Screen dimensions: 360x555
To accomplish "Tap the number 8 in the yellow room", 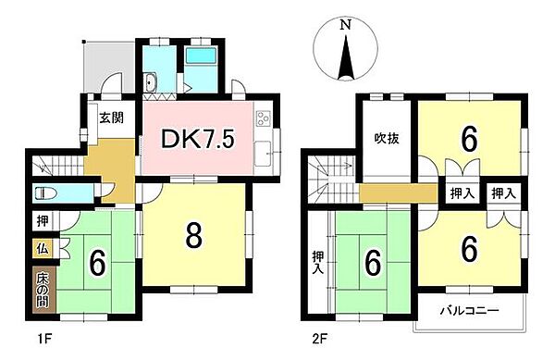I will pyautogui.click(x=194, y=235).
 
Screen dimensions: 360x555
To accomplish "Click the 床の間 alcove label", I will pyautogui.click(x=43, y=290).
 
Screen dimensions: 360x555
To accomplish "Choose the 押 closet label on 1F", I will pyautogui.click(x=43, y=222).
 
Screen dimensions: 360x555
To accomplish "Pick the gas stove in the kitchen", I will pyautogui.click(x=262, y=118).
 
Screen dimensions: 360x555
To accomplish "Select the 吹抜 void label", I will pyautogui.click(x=387, y=141).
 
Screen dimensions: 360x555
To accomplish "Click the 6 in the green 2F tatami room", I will pyautogui.click(x=374, y=262).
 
